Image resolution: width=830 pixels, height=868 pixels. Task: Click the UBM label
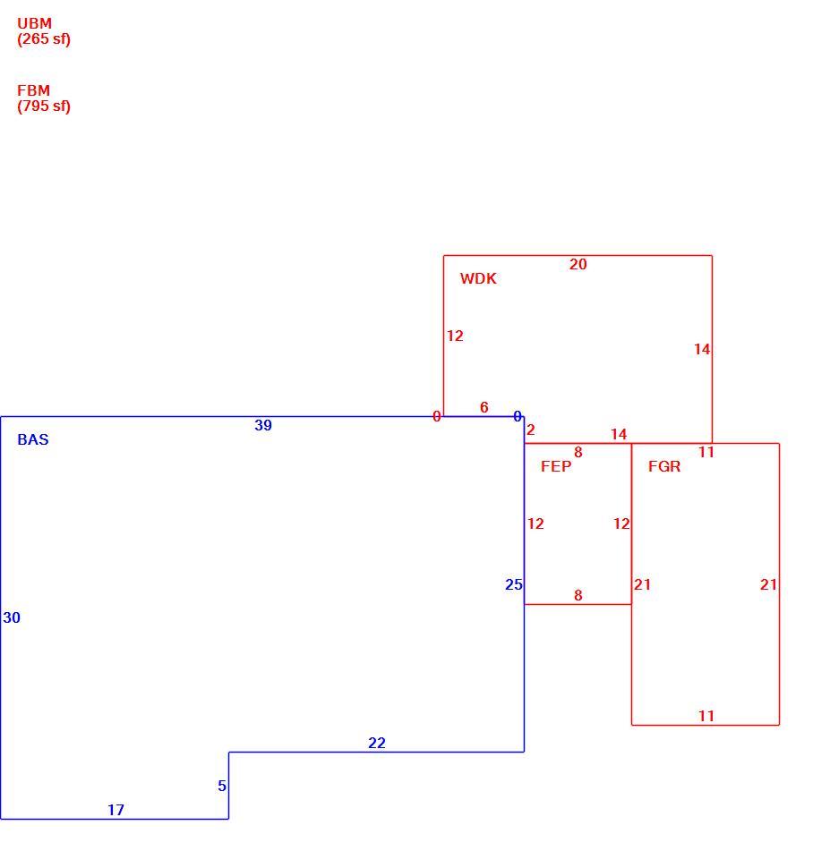click(x=34, y=24)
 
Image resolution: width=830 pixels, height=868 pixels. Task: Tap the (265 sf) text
click(x=44, y=39)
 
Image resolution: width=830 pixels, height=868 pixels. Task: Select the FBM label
click(x=33, y=90)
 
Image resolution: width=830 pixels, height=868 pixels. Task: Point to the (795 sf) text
click(x=44, y=106)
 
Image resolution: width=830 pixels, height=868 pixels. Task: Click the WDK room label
click(x=478, y=278)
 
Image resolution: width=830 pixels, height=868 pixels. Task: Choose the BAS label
click(x=33, y=439)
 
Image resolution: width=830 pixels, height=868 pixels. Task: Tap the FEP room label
click(x=556, y=466)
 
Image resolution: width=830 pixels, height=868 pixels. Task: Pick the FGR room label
click(x=664, y=466)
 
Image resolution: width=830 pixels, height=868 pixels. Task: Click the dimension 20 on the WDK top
click(x=578, y=265)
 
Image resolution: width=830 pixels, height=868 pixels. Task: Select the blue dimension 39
click(x=263, y=425)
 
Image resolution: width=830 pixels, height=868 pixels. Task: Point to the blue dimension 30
click(x=12, y=617)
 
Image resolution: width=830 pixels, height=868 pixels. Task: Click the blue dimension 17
click(x=116, y=810)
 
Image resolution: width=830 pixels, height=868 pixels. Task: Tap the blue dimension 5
click(x=222, y=786)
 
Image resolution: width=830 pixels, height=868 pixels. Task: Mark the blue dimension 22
click(x=377, y=743)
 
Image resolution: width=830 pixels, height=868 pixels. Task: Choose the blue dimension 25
click(x=514, y=584)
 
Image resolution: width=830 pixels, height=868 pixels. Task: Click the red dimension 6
click(x=483, y=407)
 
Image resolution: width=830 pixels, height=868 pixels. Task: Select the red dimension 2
click(x=531, y=430)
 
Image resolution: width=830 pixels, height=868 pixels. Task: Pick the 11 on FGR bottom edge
click(x=706, y=716)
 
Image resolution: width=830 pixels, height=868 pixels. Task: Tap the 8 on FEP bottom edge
click(x=578, y=595)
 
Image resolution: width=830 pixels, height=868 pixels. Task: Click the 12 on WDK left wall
click(x=455, y=336)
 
